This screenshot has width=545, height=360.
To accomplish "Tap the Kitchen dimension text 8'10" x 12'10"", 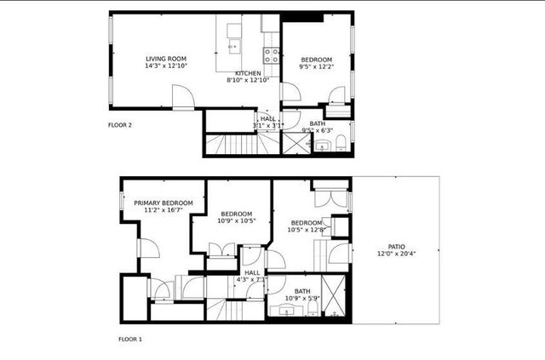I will [247, 81].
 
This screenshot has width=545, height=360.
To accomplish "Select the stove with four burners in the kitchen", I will [272, 56].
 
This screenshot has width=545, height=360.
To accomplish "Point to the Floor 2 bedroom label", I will [316, 59].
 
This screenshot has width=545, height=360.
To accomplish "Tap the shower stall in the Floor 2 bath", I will [296, 142].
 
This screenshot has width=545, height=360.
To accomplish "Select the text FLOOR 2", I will [119, 125].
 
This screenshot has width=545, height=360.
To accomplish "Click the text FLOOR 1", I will [130, 339].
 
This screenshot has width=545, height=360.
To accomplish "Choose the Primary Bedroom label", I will [163, 203].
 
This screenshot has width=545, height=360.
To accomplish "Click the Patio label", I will [397, 246].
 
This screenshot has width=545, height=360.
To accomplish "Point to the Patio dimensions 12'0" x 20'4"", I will [397, 254].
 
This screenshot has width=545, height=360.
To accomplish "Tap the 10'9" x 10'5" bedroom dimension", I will [236, 220].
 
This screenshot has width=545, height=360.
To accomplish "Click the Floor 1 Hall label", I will [252, 272].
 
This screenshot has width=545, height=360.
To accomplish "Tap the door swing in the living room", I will [183, 98].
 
